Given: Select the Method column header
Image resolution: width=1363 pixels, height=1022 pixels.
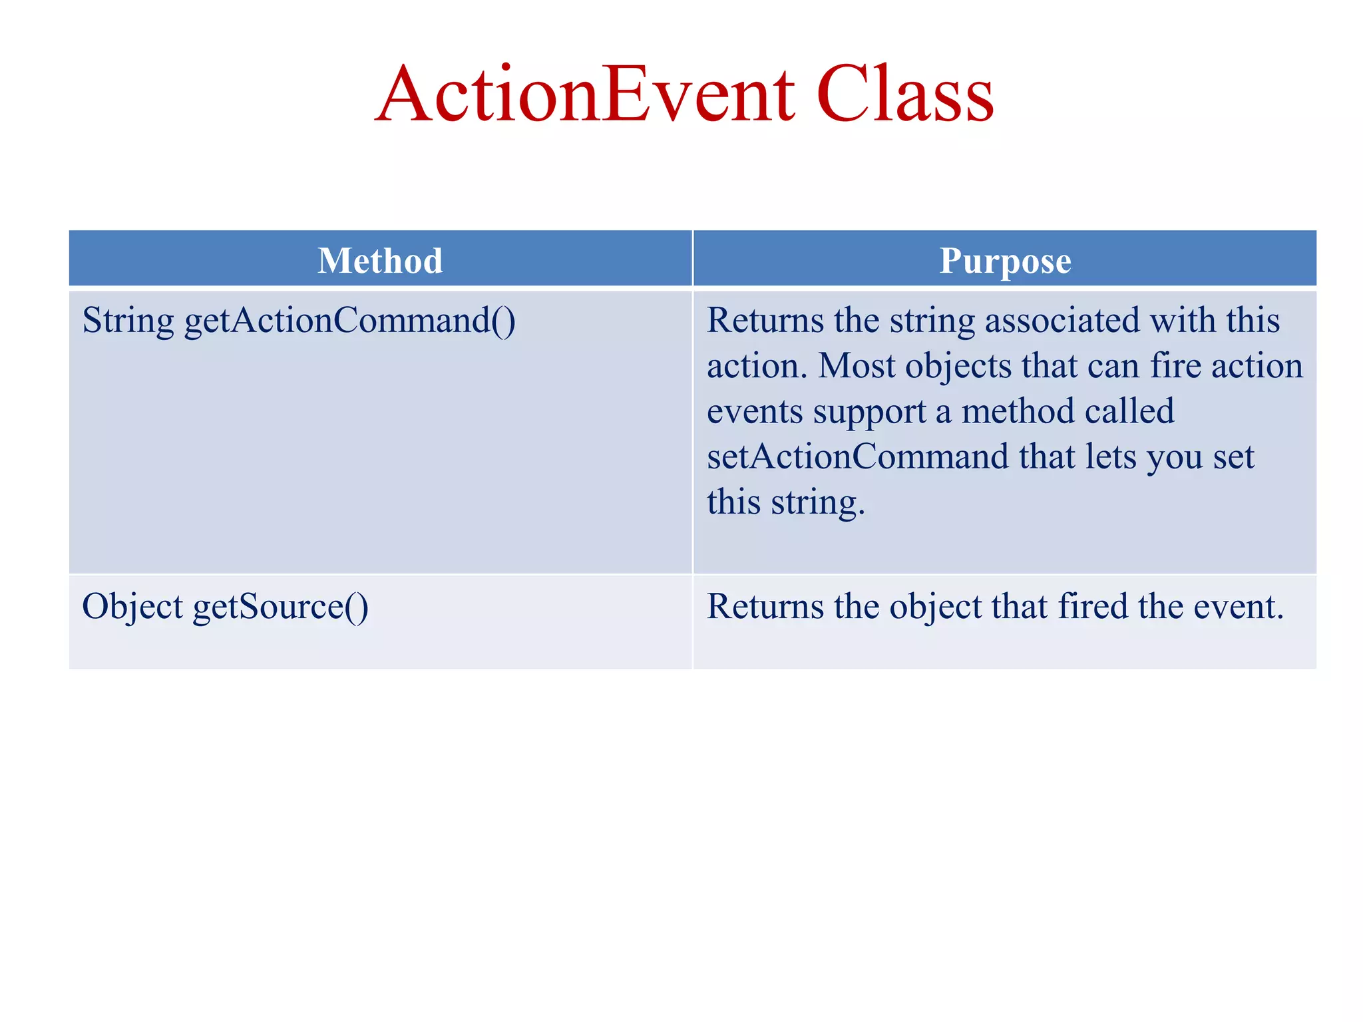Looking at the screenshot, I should (380, 260).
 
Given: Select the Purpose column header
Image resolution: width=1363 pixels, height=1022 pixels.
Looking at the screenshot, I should (1005, 260).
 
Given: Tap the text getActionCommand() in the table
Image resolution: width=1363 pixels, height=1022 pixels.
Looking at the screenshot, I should (349, 321).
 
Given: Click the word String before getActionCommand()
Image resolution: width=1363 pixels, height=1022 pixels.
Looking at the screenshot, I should (128, 321).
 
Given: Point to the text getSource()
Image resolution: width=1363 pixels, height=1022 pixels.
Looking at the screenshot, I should (280, 607).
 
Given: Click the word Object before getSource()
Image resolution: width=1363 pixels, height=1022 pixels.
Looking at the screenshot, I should (132, 607).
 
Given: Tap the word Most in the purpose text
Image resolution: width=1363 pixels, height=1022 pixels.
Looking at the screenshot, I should (857, 367).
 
